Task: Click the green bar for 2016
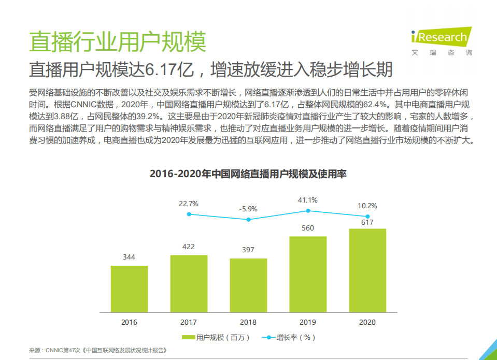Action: (129, 289)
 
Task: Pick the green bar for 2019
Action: (308, 275)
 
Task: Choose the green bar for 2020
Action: (367, 271)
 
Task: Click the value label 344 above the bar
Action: (129, 257)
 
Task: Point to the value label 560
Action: (308, 228)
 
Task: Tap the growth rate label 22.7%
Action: (189, 204)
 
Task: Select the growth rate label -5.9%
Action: (248, 209)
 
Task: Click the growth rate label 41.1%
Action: (308, 200)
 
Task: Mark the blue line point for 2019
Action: (308, 211)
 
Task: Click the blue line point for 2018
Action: (248, 220)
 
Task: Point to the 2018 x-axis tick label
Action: (248, 322)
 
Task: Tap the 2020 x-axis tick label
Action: (367, 322)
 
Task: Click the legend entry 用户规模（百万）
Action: (216, 338)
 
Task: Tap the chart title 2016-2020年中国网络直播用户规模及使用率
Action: (248, 174)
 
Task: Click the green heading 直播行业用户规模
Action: (118, 41)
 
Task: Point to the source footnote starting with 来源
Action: (98, 350)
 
